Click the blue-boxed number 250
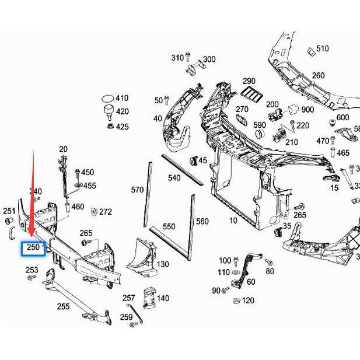pyautogui.click(x=34, y=248)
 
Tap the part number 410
pyautogui.click(x=122, y=98)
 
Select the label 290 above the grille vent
pyautogui.click(x=249, y=81)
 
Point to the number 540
pyautogui.click(x=174, y=177)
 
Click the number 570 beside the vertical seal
pyautogui.click(x=137, y=190)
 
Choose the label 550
pyautogui.click(x=169, y=226)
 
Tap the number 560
pyautogui.click(x=202, y=221)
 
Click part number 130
pyautogui.click(x=163, y=264)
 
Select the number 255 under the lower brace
pyautogui.click(x=63, y=306)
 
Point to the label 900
pyautogui.click(x=307, y=110)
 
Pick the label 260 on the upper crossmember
pyautogui.click(x=318, y=75)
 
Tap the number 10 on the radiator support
pyautogui.click(x=233, y=221)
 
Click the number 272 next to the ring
pyautogui.click(x=106, y=212)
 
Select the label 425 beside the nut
pyautogui.click(x=122, y=126)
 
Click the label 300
pyautogui.click(x=209, y=59)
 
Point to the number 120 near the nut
pyautogui.click(x=249, y=300)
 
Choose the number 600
pyautogui.click(x=342, y=117)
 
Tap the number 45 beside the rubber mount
pyautogui.click(x=203, y=160)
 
